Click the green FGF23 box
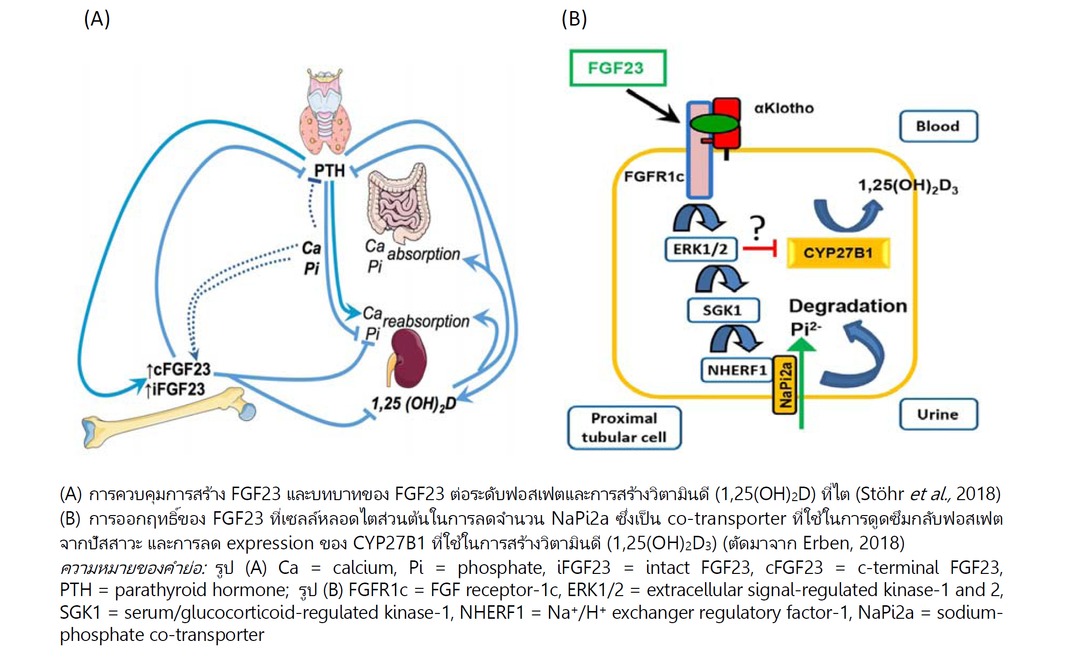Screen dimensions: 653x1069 pyautogui.click(x=618, y=68)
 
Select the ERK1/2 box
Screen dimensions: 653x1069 pyautogui.click(x=701, y=249)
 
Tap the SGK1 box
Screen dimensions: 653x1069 pyautogui.click(x=723, y=310)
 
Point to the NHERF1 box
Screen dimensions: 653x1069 pyautogui.click(x=737, y=370)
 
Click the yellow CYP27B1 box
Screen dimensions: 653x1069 pyautogui.click(x=838, y=253)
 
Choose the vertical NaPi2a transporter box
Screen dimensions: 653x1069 pyautogui.click(x=785, y=385)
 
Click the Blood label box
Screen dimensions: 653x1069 pyautogui.click(x=938, y=126)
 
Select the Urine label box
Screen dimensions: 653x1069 pyautogui.click(x=938, y=414)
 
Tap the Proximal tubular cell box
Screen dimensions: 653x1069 pyautogui.click(x=624, y=428)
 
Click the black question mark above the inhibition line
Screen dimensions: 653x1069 pyautogui.click(x=757, y=227)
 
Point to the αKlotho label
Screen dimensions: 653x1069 pyautogui.click(x=784, y=108)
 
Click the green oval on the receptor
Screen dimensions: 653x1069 pyautogui.click(x=714, y=123)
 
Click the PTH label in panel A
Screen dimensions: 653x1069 pyautogui.click(x=329, y=170)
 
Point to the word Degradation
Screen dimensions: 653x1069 pyautogui.click(x=848, y=306)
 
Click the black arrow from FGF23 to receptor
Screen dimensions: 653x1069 pyautogui.click(x=652, y=106)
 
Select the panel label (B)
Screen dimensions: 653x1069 pyautogui.click(x=574, y=19)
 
